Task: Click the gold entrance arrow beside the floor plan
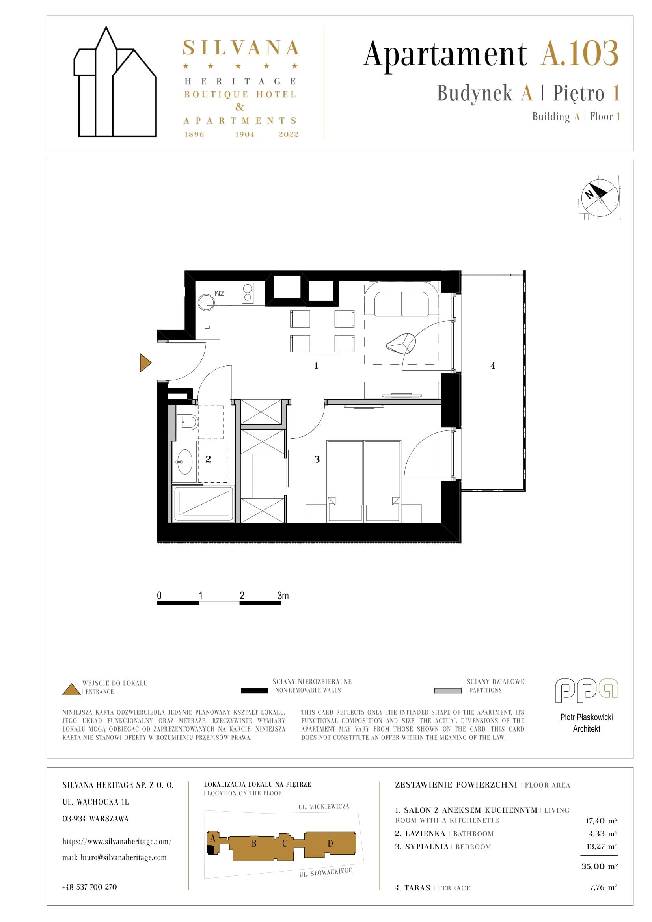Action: (145, 363)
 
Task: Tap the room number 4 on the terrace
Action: (493, 365)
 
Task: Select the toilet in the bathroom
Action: (187, 422)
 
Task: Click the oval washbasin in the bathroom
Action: (184, 462)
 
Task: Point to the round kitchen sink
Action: (206, 302)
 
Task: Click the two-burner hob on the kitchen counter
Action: (248, 293)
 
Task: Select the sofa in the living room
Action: (401, 299)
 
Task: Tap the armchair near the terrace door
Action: (401, 344)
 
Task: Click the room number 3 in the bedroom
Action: (317, 459)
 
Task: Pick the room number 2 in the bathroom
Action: (209, 459)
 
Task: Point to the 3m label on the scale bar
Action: (283, 596)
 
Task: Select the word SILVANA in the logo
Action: (241, 48)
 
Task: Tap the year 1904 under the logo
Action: (244, 134)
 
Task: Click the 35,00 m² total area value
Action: (600, 866)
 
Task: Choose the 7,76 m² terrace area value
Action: (604, 887)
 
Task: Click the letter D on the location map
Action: (330, 843)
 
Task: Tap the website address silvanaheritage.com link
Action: (117, 841)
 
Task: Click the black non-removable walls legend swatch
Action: (255, 691)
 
